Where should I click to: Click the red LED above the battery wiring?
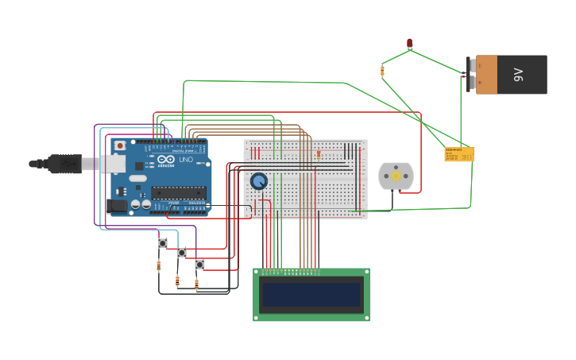click(x=410, y=43)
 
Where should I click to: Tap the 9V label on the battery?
click(x=519, y=75)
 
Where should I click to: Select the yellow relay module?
click(x=458, y=154)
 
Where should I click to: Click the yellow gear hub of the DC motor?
click(x=396, y=177)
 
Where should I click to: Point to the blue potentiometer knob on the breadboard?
click(x=258, y=181)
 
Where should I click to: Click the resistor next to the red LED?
click(x=382, y=72)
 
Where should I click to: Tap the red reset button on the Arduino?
click(x=120, y=145)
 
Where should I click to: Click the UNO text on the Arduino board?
click(x=185, y=160)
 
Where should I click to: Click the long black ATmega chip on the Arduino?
click(x=179, y=192)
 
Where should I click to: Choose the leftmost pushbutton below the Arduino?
click(x=163, y=243)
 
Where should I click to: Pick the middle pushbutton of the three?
click(x=182, y=253)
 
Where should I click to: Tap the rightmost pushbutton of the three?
click(x=199, y=264)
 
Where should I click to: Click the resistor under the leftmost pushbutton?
click(x=159, y=265)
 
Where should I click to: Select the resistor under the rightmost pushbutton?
click(x=196, y=284)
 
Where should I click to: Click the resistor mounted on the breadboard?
click(x=319, y=154)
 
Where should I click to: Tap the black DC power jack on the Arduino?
click(x=117, y=206)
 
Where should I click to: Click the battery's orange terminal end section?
click(x=486, y=75)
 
